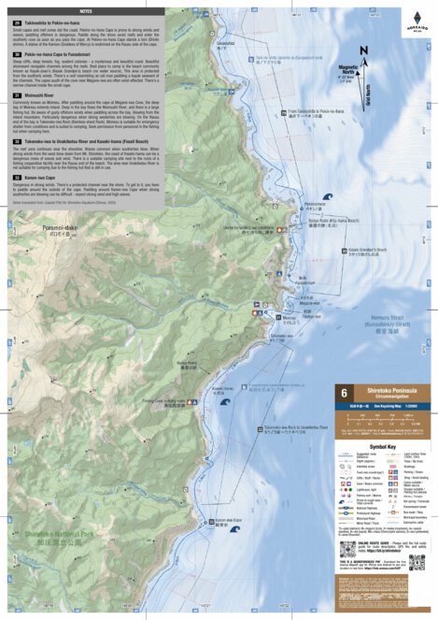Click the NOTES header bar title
click(x=86, y=10)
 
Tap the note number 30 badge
click(x=17, y=55)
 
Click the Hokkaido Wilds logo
click(x=418, y=20)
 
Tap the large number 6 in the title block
click(x=345, y=395)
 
